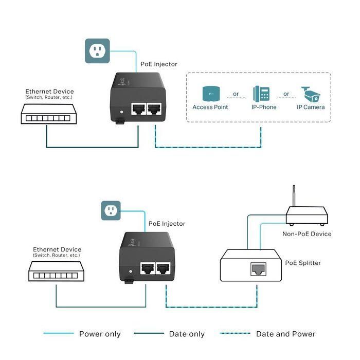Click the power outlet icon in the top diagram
[98, 50]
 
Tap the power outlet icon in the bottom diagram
[111, 210]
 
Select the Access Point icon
[210, 94]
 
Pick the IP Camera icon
[311, 94]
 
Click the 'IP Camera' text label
[311, 107]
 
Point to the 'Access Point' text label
[210, 107]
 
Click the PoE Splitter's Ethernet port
[258, 269]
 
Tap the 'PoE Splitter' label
[303, 263]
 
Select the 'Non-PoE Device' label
[307, 233]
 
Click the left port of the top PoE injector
[138, 109]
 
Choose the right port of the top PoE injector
[154, 109]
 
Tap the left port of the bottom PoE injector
[148, 268]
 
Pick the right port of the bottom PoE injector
[164, 268]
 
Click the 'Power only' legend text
[100, 334]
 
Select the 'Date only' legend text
[187, 334]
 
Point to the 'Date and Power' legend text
[286, 334]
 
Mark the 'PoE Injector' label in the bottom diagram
[167, 224]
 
